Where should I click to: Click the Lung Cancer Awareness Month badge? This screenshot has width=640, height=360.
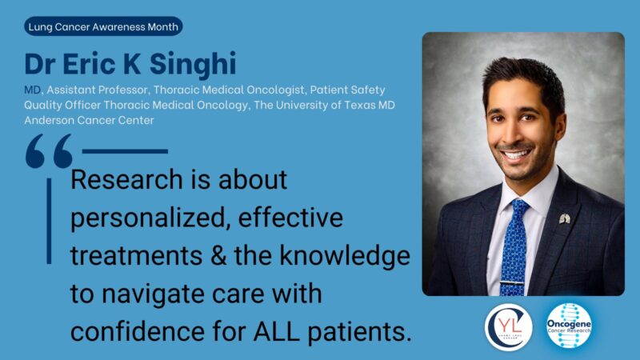tap(104, 26)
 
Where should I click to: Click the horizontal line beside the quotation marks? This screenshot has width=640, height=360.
tap(125, 150)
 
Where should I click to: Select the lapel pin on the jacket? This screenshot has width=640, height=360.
tap(564, 218)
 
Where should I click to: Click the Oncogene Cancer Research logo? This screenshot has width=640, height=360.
tap(570, 326)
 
